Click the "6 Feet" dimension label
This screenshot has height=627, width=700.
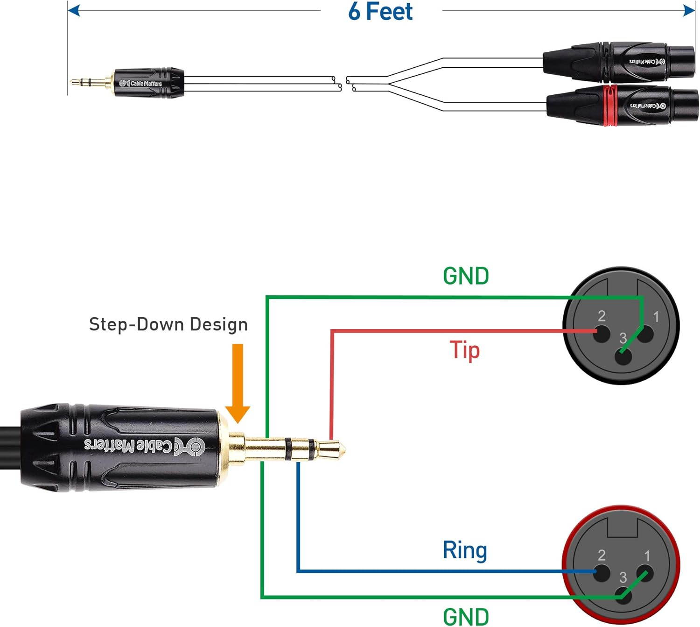tap(380, 12)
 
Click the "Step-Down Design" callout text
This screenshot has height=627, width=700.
tap(168, 324)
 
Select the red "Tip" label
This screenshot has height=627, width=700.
tap(464, 350)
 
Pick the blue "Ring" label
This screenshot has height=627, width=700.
tap(464, 550)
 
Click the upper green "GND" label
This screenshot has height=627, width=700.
tap(466, 276)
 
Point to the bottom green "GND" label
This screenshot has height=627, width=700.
tap(466, 617)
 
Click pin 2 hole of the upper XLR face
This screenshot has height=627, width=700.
tap(602, 333)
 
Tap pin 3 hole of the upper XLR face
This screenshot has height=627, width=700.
tap(623, 357)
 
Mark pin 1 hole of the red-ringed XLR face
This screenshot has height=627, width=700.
tap(645, 573)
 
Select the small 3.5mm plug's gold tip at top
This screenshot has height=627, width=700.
tap(75, 82)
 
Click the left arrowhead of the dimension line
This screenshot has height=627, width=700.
tap(74, 10)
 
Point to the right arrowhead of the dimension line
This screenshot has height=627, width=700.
tap(689, 10)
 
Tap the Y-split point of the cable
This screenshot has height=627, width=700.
tap(388, 84)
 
